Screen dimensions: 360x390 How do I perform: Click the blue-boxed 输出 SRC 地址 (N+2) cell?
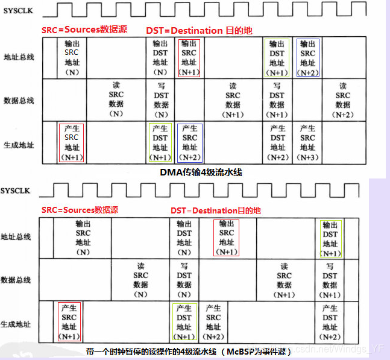(307, 58)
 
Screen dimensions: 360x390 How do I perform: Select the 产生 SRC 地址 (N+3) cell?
(307, 142)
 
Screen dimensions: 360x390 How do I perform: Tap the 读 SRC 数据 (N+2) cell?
(343, 100)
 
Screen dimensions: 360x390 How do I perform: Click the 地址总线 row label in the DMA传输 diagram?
(18, 55)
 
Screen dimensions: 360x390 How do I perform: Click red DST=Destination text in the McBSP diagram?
(215, 210)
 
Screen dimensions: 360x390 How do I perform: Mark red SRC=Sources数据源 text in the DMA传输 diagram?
(84, 29)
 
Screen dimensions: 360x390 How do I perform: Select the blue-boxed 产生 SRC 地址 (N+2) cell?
(190, 142)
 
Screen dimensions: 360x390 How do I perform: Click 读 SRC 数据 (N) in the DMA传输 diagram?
(116, 100)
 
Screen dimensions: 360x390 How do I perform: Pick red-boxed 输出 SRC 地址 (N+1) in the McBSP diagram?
(227, 238)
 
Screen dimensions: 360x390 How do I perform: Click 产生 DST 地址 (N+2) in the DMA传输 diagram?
(278, 142)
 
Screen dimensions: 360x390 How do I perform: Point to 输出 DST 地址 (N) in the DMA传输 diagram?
(160, 58)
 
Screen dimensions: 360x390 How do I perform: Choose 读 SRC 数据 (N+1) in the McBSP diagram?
(285, 280)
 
